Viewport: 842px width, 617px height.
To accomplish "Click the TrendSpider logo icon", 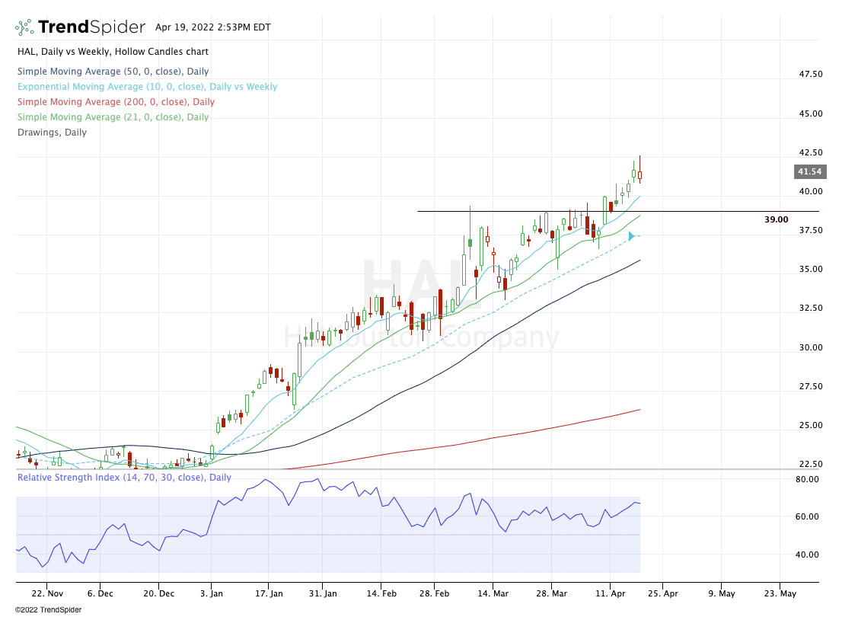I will tap(24, 27).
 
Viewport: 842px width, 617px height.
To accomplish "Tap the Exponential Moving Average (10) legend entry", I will tap(147, 86).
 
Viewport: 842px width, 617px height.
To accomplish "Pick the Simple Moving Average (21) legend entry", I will tap(113, 117).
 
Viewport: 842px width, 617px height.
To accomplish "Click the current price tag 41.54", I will tap(809, 172).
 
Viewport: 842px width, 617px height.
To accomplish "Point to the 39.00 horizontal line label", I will tap(776, 219).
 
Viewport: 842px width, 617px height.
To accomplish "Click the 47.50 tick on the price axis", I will tap(809, 74).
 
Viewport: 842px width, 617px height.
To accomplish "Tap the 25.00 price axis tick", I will tap(809, 425).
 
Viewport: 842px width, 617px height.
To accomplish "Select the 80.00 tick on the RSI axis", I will tap(807, 479).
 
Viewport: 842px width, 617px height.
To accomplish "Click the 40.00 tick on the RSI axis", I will tap(807, 555).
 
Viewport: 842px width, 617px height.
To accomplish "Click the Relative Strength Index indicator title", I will tap(124, 478).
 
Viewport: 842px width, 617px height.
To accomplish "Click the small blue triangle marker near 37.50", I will tap(631, 236).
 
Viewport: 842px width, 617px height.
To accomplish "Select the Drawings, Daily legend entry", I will tap(52, 132).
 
